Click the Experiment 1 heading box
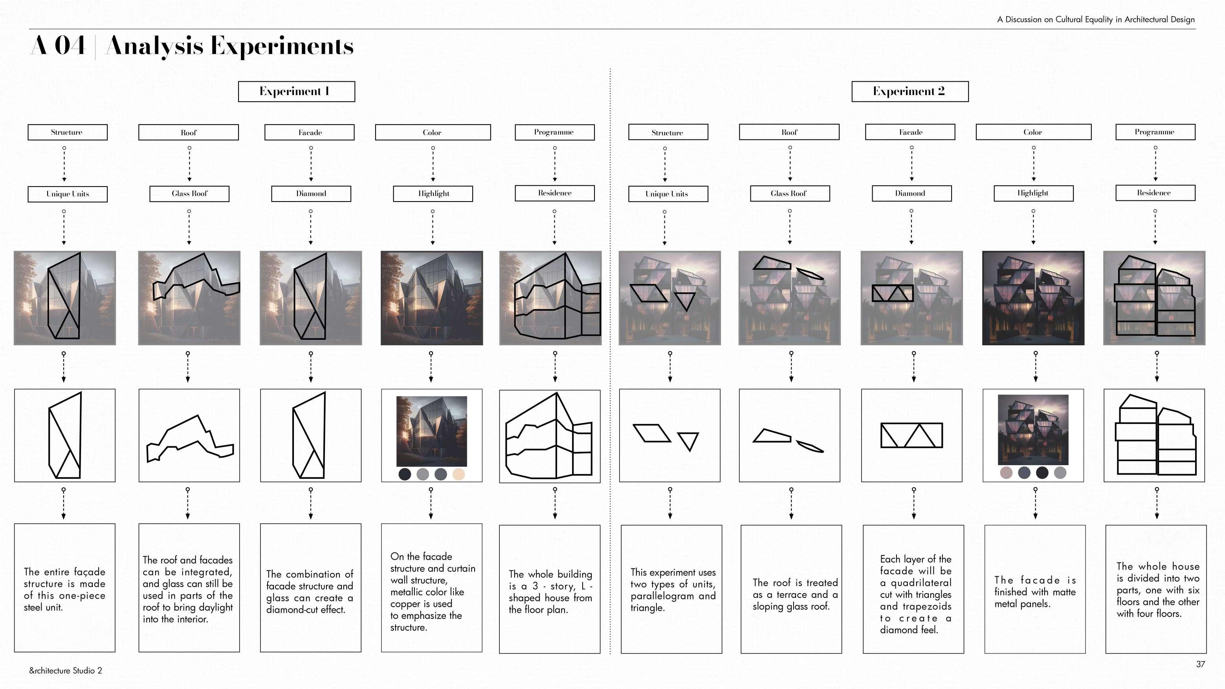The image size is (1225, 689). pyautogui.click(x=296, y=91)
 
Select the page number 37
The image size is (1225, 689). pyautogui.click(x=1200, y=664)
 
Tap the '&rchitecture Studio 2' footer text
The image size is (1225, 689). pyautogui.click(x=66, y=671)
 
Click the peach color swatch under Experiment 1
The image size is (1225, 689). pyautogui.click(x=458, y=474)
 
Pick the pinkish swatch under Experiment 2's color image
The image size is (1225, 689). pyautogui.click(x=1006, y=473)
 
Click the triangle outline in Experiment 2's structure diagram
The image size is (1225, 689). pyautogui.click(x=688, y=441)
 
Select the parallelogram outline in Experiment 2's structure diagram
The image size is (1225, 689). pyautogui.click(x=651, y=433)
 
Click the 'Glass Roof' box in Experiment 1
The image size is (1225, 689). pyautogui.click(x=189, y=194)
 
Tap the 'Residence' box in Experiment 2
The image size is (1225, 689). pyautogui.click(x=1155, y=192)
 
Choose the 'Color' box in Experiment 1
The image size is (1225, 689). pyautogui.click(x=432, y=132)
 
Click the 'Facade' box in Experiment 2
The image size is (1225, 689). pyautogui.click(x=910, y=132)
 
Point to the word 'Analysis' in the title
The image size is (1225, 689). pyautogui.click(x=154, y=46)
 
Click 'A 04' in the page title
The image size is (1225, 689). pyautogui.click(x=58, y=46)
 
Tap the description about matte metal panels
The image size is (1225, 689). pyautogui.click(x=1035, y=592)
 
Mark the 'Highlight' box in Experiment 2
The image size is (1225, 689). pyautogui.click(x=1033, y=193)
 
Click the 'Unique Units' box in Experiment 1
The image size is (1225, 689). pyautogui.click(x=68, y=194)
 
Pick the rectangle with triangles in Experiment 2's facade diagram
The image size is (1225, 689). pyautogui.click(x=911, y=435)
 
